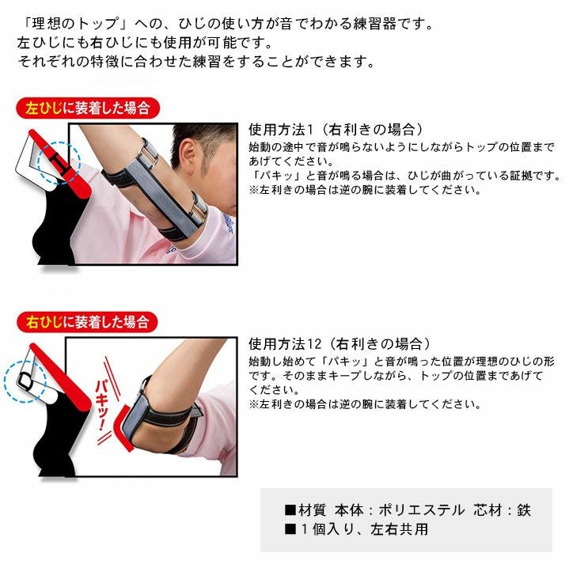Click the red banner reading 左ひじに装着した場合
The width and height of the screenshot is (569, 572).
coord(86,108)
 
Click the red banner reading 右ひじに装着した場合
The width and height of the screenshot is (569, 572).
coord(86,322)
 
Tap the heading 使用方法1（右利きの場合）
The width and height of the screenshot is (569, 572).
coord(336,129)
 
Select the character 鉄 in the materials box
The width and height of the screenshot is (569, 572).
coord(523,510)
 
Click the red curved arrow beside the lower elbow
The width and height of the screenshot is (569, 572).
coord(126,431)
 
